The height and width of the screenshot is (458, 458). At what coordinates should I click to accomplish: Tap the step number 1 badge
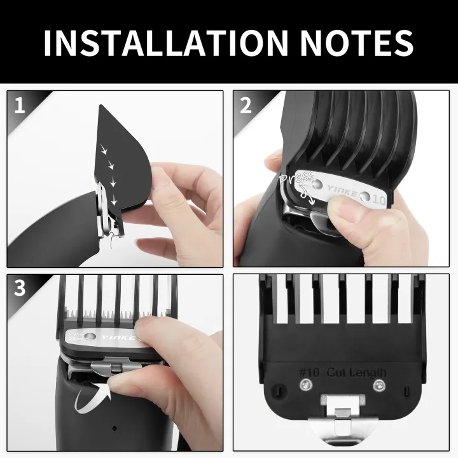point(20,105)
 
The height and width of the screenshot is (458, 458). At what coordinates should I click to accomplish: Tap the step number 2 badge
point(246,105)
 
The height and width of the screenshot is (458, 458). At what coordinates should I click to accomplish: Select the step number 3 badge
point(20,288)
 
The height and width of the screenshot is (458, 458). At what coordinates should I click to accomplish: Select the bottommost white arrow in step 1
point(114,202)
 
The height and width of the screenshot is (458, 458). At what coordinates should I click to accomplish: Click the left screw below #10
point(307,384)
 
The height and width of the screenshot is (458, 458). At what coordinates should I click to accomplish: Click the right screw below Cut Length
point(379,384)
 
